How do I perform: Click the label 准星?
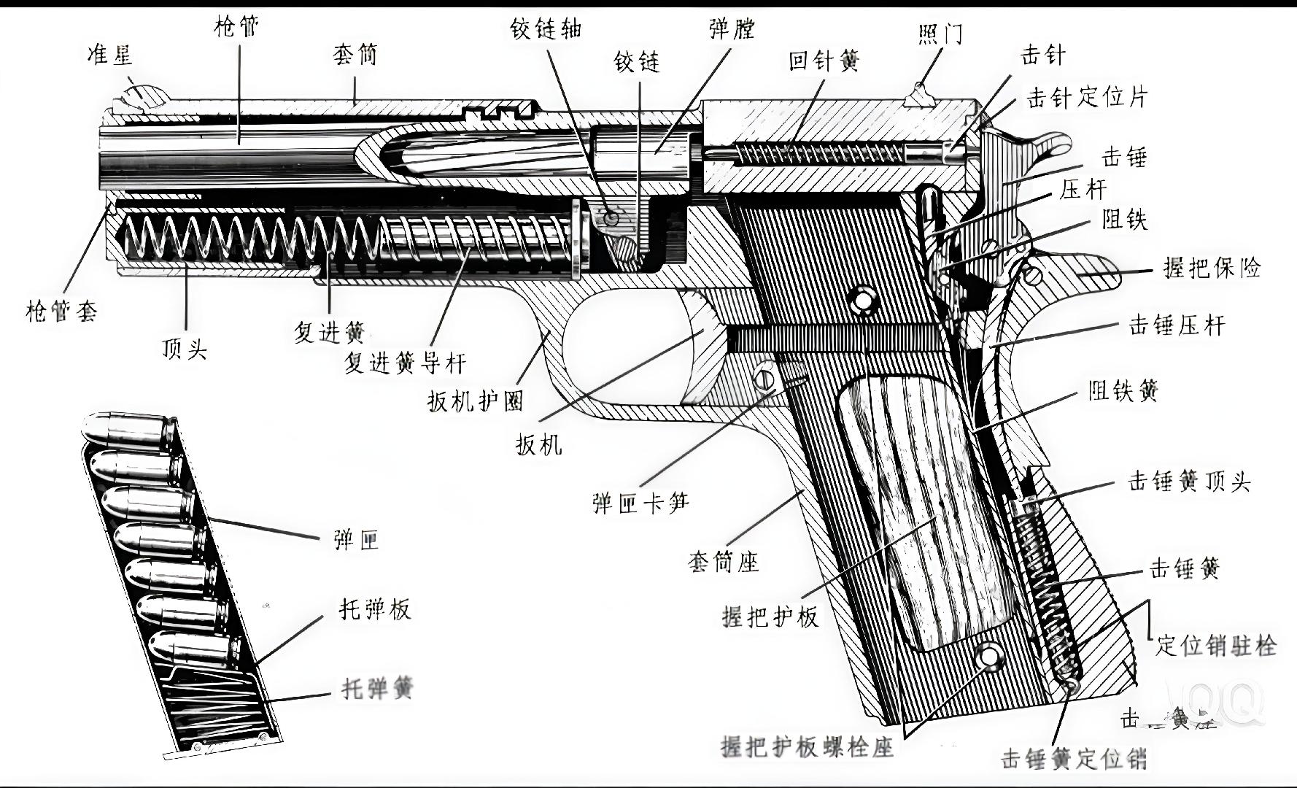click(x=110, y=54)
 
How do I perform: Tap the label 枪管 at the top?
click(x=237, y=28)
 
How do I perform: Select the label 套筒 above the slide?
click(x=355, y=55)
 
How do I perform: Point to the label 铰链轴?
click(x=546, y=28)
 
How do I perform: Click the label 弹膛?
click(x=732, y=29)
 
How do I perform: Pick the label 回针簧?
click(x=824, y=61)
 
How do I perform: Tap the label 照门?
click(x=941, y=34)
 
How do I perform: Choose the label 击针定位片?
click(x=1087, y=97)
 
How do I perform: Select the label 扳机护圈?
click(x=476, y=401)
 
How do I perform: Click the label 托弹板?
click(x=375, y=609)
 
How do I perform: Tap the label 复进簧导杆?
click(x=405, y=363)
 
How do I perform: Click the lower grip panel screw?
click(x=988, y=655)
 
